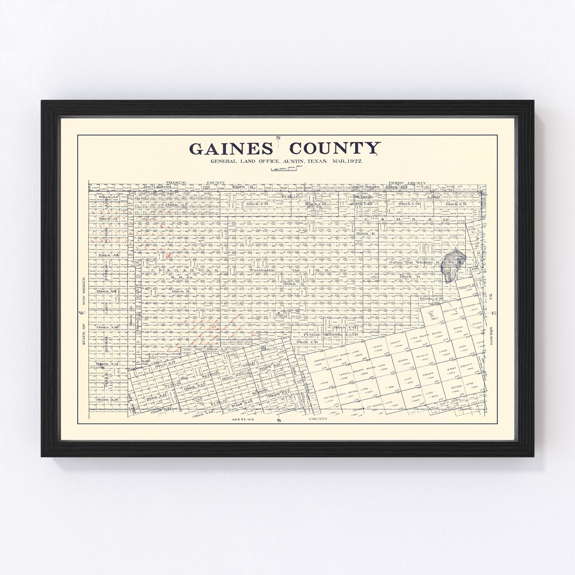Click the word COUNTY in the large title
point(335,148)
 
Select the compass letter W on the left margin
point(82,313)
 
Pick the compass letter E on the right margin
point(494,313)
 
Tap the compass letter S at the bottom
point(278,420)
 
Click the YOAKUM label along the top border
point(175,183)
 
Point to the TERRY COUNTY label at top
point(408,183)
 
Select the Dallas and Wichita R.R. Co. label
point(429,262)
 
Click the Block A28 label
point(107,399)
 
